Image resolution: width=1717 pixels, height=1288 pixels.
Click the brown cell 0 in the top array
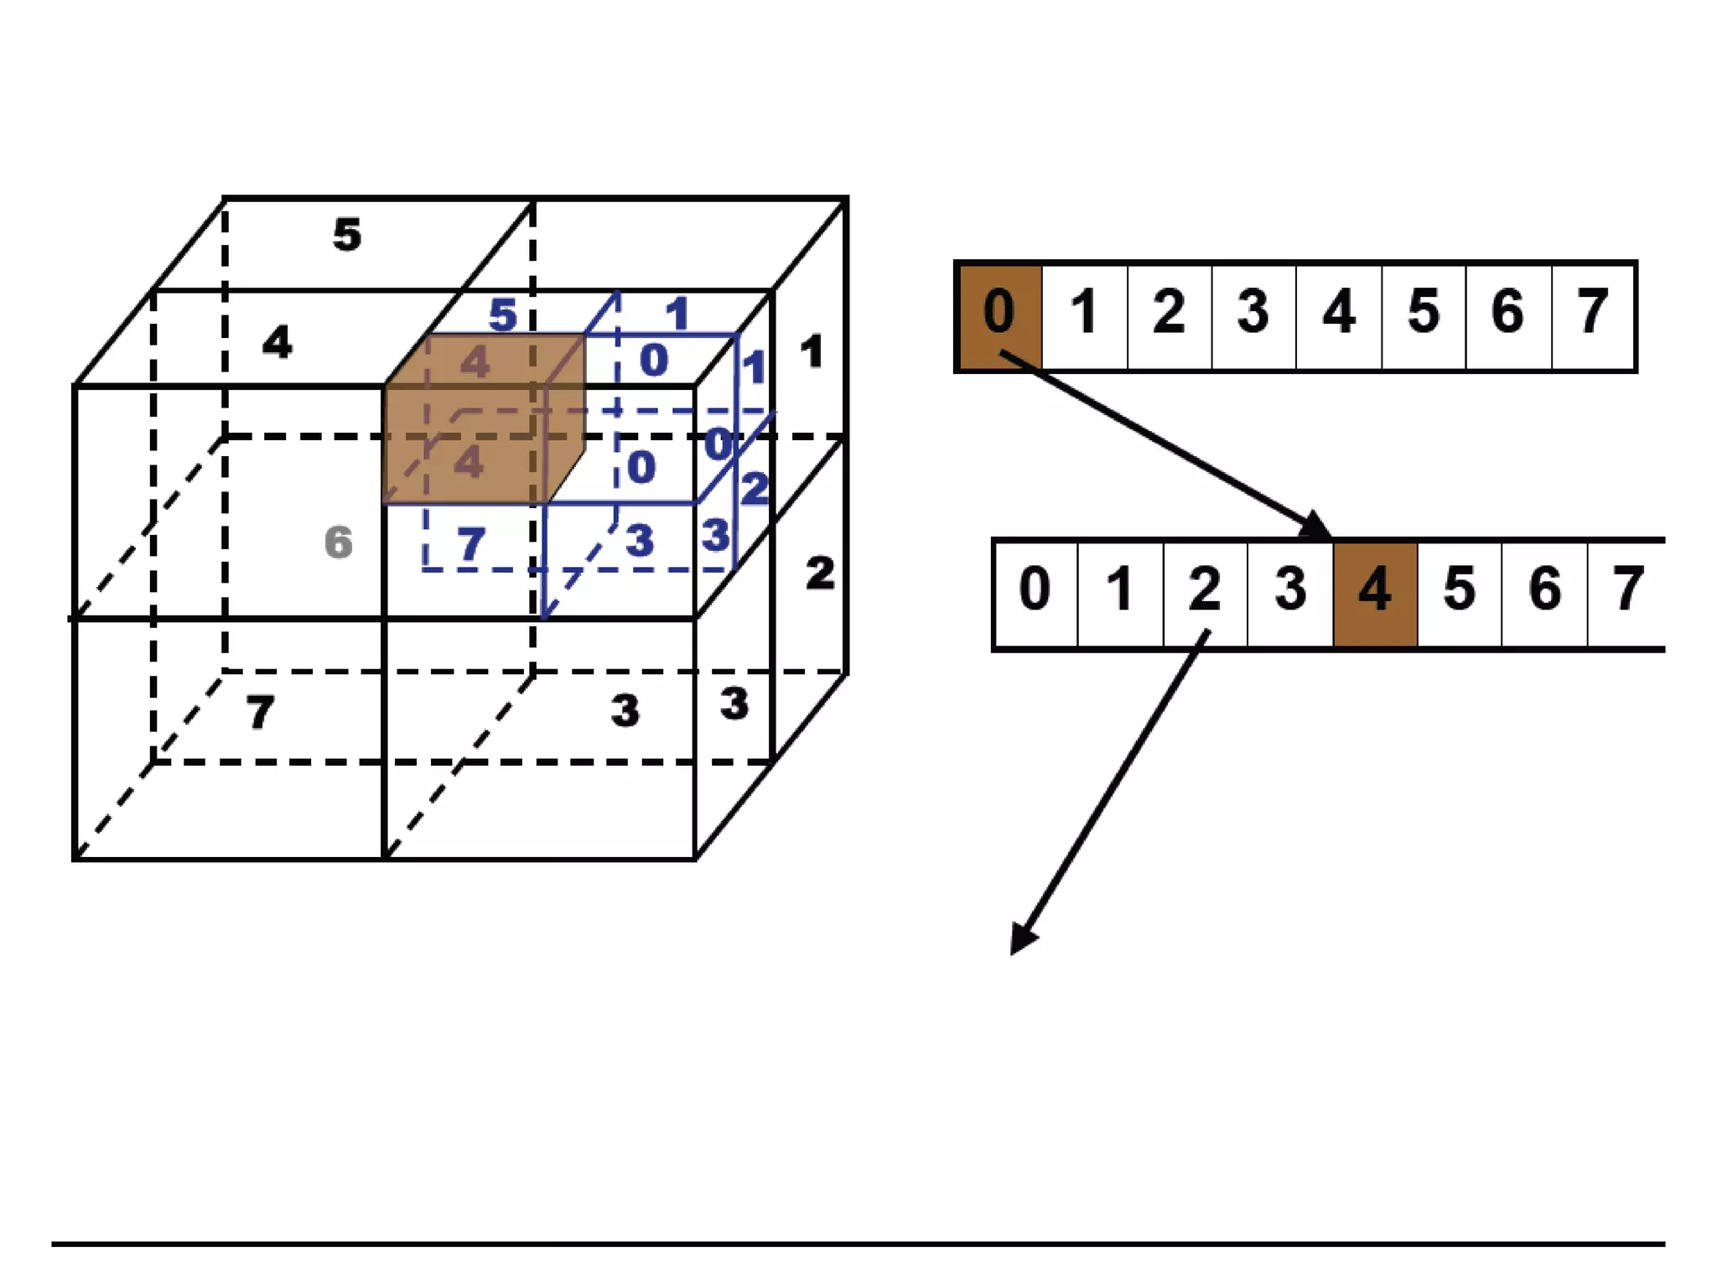pos(999,316)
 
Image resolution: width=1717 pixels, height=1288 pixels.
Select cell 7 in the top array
pos(1592,316)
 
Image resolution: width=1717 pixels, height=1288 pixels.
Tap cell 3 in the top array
pos(1253,316)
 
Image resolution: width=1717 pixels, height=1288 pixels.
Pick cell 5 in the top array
pos(1424,316)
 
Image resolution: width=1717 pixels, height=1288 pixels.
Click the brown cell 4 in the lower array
pos(1375,593)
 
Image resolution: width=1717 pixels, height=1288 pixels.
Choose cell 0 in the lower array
pos(1035,593)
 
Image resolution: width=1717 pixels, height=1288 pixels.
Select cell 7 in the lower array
pos(1626,593)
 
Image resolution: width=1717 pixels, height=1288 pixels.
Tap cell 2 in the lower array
pos(1205,593)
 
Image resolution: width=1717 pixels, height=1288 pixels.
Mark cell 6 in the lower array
pos(1544,593)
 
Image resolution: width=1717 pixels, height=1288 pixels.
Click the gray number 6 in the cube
pos(339,543)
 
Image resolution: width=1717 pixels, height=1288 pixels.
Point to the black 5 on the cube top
pos(347,235)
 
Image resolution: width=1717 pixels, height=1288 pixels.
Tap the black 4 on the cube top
pos(278,342)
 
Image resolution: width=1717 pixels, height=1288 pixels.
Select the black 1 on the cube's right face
pos(811,352)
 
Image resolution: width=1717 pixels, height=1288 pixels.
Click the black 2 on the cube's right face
pos(820,574)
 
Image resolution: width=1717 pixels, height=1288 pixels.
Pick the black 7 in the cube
pos(260,713)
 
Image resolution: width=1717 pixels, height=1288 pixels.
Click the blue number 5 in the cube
pos(503,315)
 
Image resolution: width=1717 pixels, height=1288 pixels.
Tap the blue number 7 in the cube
pos(471,544)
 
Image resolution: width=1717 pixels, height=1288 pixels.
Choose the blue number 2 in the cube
pos(755,489)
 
